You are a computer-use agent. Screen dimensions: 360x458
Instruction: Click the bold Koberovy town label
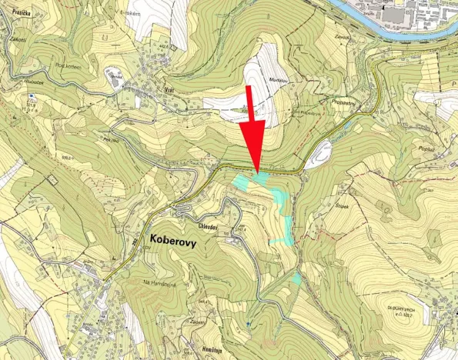click(x=167, y=241)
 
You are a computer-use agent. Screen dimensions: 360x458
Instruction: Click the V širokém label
click(x=128, y=12)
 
